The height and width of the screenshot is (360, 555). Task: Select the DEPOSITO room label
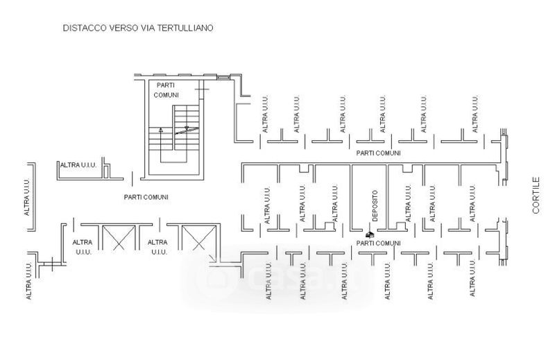click(375, 206)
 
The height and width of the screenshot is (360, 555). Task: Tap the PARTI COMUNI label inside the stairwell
click(166, 89)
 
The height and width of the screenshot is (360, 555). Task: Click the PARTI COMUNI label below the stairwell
click(146, 197)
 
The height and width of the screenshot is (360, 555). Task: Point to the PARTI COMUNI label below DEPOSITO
click(378, 243)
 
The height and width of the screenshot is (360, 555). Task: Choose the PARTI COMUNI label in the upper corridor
click(378, 153)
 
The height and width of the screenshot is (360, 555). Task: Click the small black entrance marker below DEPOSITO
click(370, 235)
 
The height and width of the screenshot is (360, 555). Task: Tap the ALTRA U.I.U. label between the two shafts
click(158, 246)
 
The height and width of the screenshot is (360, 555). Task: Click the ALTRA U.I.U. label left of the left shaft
click(82, 246)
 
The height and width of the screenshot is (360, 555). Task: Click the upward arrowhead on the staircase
click(160, 129)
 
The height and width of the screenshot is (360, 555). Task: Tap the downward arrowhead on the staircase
click(187, 128)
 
